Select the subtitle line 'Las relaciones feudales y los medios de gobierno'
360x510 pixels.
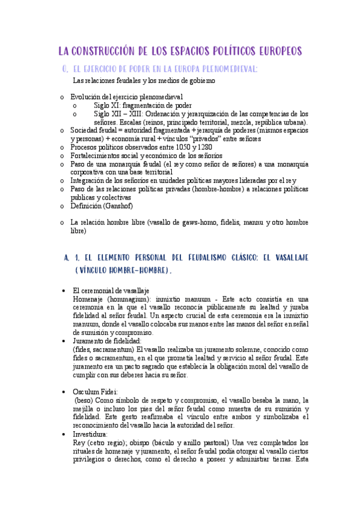(144, 80)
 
